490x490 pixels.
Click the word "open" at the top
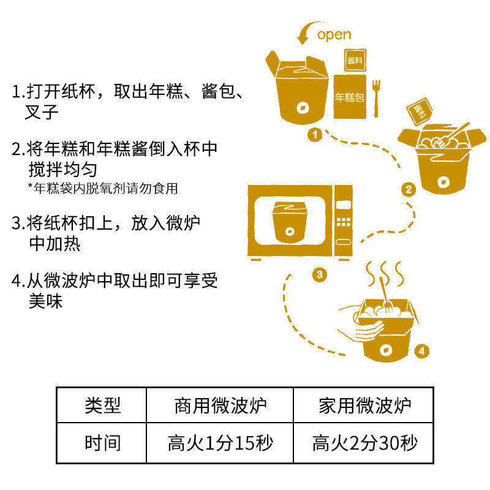tap(334, 34)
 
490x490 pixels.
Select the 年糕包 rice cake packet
tap(350, 97)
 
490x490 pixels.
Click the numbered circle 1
tap(315, 134)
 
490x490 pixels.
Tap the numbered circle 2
tap(408, 189)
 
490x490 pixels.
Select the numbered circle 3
tap(318, 274)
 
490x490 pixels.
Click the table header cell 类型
tap(102, 405)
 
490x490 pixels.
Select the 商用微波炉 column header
tap(221, 405)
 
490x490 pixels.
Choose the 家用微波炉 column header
tap(365, 405)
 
